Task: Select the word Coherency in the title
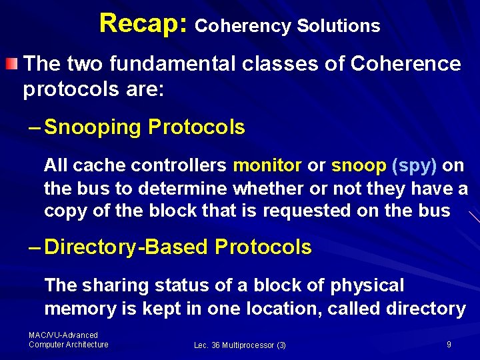243,27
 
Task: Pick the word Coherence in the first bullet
405,64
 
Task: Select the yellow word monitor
267,165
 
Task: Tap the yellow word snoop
359,165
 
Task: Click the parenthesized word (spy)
415,165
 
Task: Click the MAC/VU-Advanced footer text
63,335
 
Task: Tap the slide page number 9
449,344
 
